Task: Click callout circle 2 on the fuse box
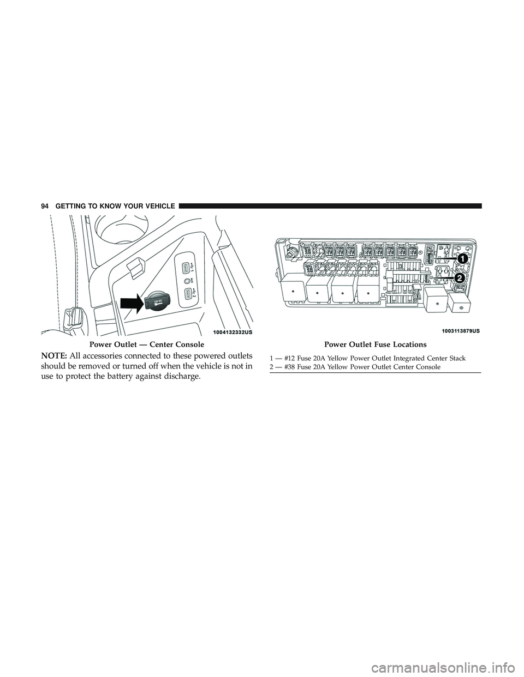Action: point(459,277)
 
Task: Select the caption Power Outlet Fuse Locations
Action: point(376,344)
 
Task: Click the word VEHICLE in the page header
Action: point(158,206)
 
